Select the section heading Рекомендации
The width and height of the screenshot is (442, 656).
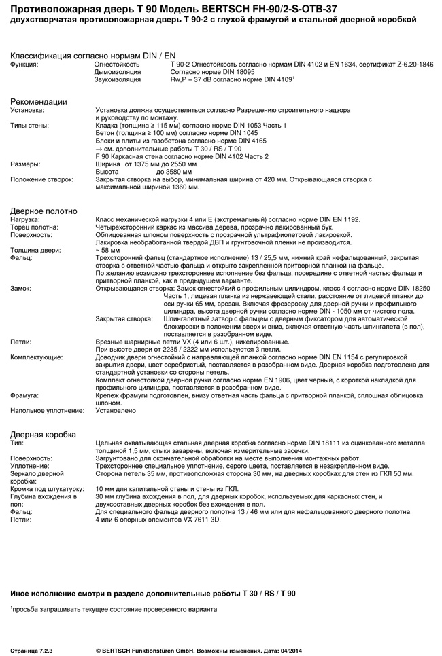tap(38, 101)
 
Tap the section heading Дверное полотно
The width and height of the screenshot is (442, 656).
tap(44, 211)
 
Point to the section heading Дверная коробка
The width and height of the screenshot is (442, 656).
tap(43, 434)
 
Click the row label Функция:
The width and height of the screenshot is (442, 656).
tap(24, 64)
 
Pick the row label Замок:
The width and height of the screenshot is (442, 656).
tap(21, 289)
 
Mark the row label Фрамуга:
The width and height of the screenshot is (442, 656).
tap(24, 395)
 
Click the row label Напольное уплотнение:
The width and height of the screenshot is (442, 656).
tap(43, 410)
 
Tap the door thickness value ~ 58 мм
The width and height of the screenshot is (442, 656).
tap(109, 250)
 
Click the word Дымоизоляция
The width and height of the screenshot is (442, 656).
tap(117, 71)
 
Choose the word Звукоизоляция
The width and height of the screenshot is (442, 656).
tap(118, 79)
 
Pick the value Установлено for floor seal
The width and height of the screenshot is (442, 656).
tap(116, 410)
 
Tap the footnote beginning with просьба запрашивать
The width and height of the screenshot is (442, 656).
tap(115, 608)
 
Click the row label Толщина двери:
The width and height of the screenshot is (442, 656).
tap(35, 250)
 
